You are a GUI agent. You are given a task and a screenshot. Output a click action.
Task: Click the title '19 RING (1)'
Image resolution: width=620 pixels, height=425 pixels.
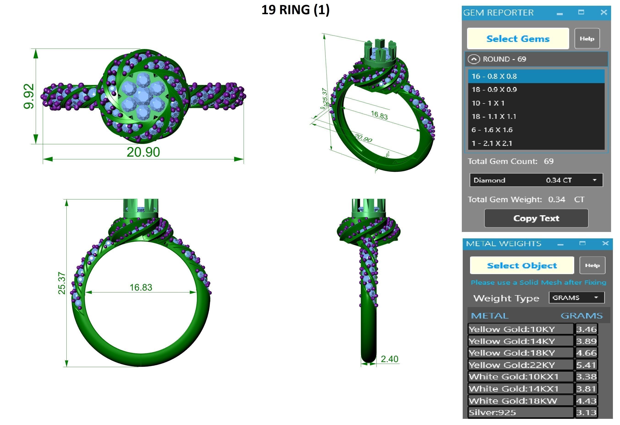pyautogui.click(x=295, y=10)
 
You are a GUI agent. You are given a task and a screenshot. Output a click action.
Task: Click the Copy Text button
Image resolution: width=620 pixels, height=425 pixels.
pyautogui.click(x=536, y=218)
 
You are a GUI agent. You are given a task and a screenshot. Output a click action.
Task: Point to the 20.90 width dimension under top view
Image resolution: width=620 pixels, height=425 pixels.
pyautogui.click(x=143, y=152)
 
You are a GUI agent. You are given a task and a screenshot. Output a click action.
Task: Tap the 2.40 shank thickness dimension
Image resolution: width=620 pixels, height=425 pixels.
pyautogui.click(x=389, y=359)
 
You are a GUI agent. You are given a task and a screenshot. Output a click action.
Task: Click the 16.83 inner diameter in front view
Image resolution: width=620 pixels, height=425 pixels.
pyautogui.click(x=141, y=287)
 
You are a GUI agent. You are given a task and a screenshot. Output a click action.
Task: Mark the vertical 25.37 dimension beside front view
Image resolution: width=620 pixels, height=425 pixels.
pyautogui.click(x=62, y=283)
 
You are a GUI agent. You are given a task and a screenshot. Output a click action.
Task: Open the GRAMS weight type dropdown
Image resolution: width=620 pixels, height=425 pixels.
pyautogui.click(x=576, y=297)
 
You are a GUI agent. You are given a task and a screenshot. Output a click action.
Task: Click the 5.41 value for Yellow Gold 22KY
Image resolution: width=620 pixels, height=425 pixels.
pyautogui.click(x=586, y=365)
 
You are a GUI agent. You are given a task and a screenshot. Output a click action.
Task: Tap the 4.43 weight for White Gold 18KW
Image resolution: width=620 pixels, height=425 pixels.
pyautogui.click(x=586, y=401)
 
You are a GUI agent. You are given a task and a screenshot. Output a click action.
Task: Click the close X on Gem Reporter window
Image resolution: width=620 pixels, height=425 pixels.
pyautogui.click(x=604, y=12)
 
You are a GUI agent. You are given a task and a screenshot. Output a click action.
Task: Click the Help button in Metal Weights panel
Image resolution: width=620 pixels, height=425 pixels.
pyautogui.click(x=592, y=265)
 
